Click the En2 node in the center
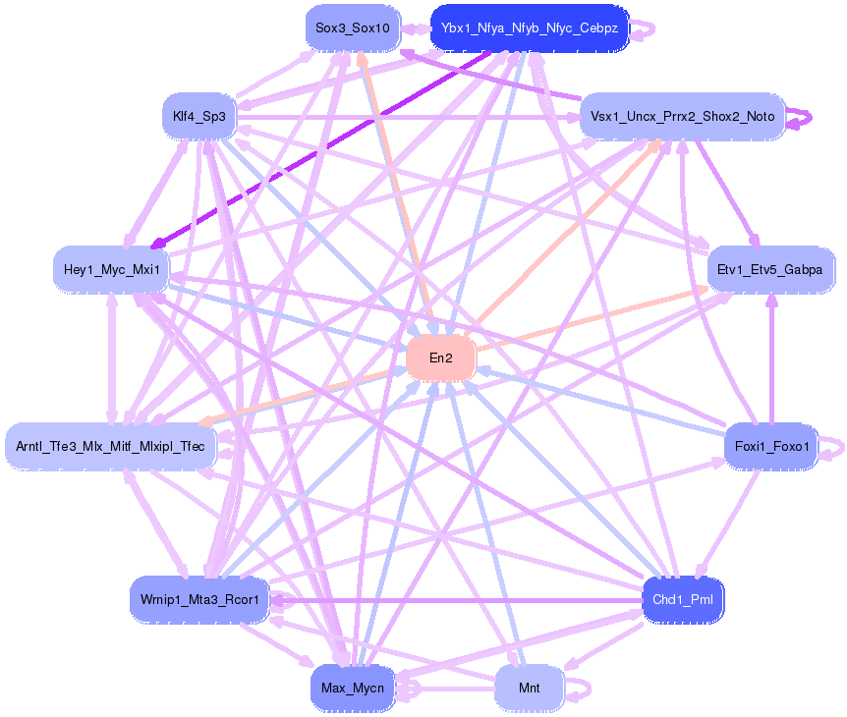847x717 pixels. click(x=441, y=358)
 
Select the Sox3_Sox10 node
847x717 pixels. click(x=353, y=28)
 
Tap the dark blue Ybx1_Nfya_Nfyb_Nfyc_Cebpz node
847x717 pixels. click(x=530, y=28)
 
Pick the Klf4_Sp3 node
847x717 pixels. click(x=199, y=117)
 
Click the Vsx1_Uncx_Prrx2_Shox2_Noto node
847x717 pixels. click(x=682, y=116)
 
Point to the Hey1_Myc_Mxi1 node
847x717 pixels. click(x=111, y=268)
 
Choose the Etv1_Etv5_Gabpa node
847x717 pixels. click(x=770, y=268)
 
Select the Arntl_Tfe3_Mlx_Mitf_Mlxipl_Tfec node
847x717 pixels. click(x=110, y=447)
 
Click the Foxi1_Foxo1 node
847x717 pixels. click(x=771, y=448)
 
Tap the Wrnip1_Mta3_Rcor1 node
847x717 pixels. click(x=199, y=599)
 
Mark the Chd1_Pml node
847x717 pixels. click(x=682, y=599)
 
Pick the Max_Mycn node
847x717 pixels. click(x=352, y=688)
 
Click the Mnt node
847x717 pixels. click(x=530, y=688)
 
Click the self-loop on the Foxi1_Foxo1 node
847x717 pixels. click(x=833, y=448)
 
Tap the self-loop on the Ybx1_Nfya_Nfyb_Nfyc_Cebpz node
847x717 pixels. click(x=644, y=28)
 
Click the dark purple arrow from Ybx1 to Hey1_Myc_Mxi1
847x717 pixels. click(x=324, y=147)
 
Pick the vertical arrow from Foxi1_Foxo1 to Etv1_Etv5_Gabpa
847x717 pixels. click(x=771, y=363)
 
